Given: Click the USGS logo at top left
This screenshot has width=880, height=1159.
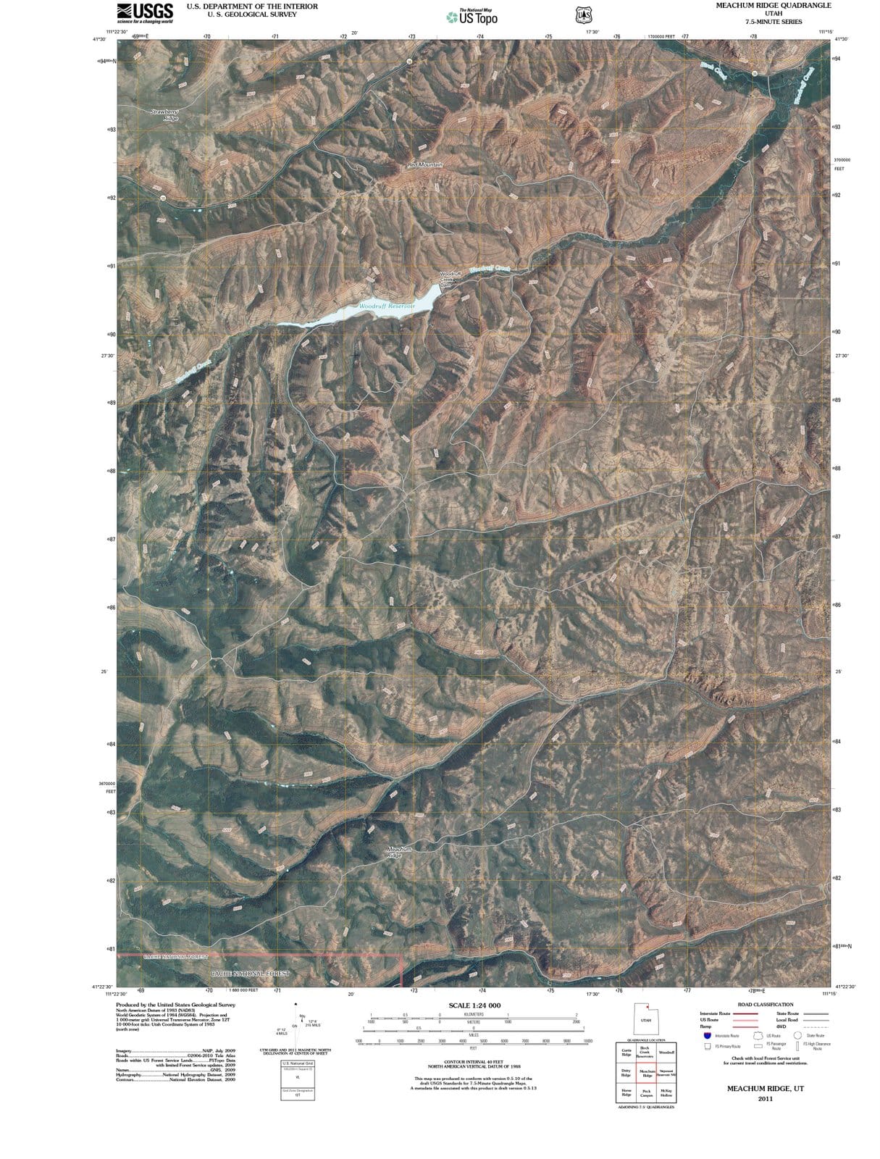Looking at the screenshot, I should point(146,12).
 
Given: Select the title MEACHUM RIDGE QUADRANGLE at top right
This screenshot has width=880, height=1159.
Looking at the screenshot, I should point(763,5).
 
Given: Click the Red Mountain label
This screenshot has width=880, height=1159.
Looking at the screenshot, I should point(424,165).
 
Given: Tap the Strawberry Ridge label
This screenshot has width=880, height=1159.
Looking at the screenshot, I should point(164,114).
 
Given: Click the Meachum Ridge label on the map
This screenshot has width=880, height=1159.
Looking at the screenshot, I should point(400,852).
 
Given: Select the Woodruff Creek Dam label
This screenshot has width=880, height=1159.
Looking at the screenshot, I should point(445,279).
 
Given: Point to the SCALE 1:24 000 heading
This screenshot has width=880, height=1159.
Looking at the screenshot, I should point(474,1005).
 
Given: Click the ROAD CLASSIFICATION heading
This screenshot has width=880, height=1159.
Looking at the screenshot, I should point(765,1005).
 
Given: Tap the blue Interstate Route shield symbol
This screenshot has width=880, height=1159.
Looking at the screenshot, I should point(706,1035).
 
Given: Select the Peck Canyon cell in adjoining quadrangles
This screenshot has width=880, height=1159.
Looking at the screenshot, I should point(647,1093).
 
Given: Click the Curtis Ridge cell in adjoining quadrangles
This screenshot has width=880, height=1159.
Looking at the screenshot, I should point(626,1052).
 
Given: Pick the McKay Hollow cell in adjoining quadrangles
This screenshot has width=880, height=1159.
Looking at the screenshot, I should point(666,1093).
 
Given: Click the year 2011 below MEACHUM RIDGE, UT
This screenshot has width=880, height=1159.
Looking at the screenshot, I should point(766,1099).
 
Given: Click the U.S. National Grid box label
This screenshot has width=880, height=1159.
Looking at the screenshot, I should point(297,1063).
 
